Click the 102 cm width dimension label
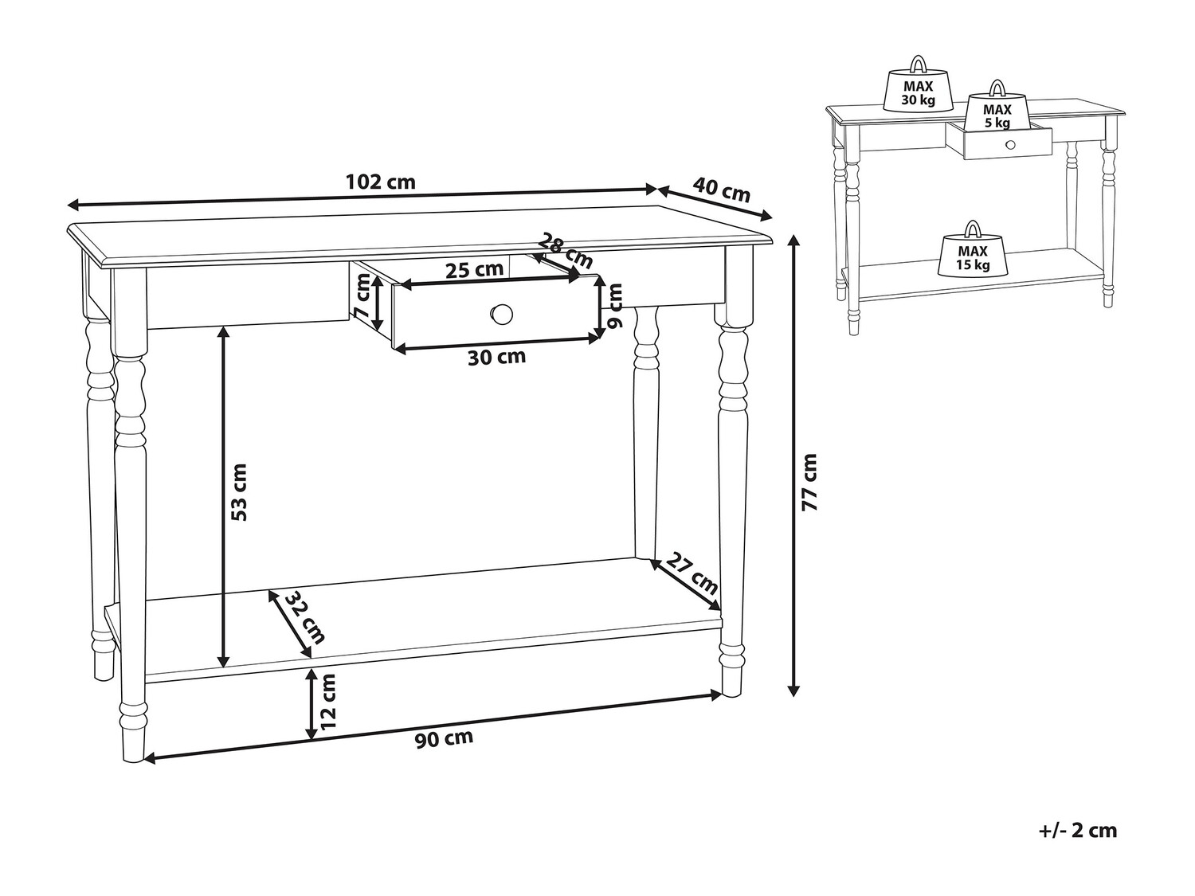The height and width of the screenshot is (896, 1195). pyautogui.click(x=381, y=182)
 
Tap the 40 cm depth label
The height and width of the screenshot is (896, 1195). pyautogui.click(x=721, y=189)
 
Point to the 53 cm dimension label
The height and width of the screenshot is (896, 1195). pyautogui.click(x=239, y=491)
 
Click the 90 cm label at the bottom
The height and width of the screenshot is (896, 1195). pyautogui.click(x=444, y=738)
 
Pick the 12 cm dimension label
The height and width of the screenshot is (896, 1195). pyautogui.click(x=328, y=702)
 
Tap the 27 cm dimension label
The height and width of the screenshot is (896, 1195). pyautogui.click(x=692, y=573)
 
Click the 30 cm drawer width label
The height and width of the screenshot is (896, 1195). pyautogui.click(x=496, y=358)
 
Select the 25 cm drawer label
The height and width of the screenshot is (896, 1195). pyautogui.click(x=474, y=270)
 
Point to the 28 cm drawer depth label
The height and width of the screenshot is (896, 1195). pyautogui.click(x=566, y=250)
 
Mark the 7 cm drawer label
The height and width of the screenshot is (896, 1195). pyautogui.click(x=362, y=296)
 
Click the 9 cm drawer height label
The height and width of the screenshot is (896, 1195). pyautogui.click(x=615, y=307)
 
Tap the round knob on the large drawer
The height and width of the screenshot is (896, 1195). pyautogui.click(x=502, y=315)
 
